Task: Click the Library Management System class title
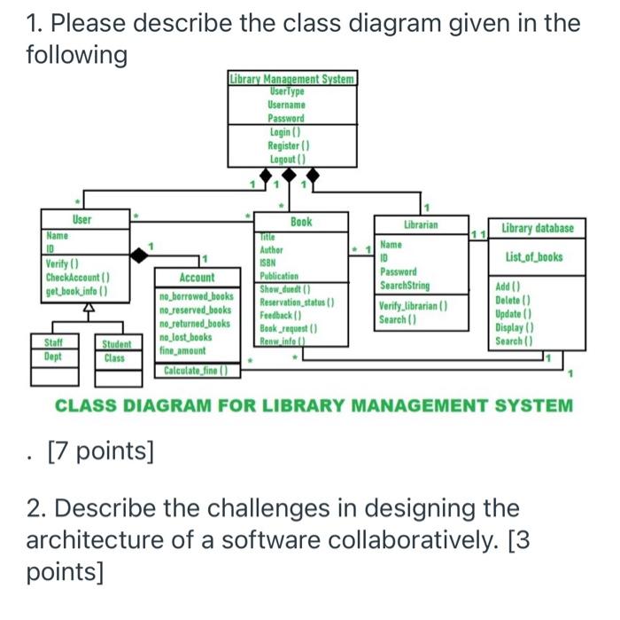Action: pos(291,78)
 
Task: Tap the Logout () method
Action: pos(288,160)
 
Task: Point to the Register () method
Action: pos(288,145)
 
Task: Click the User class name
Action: pos(81,219)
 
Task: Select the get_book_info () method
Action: pos(76,290)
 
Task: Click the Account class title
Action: pos(197,278)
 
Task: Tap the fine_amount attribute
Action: pos(182,350)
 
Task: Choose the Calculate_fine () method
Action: pos(195,370)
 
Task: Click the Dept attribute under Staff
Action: pos(53,357)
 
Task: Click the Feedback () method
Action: pos(281,315)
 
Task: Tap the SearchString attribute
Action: pos(405,286)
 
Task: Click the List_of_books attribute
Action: pos(533,257)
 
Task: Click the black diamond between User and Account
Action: pos(140,256)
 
